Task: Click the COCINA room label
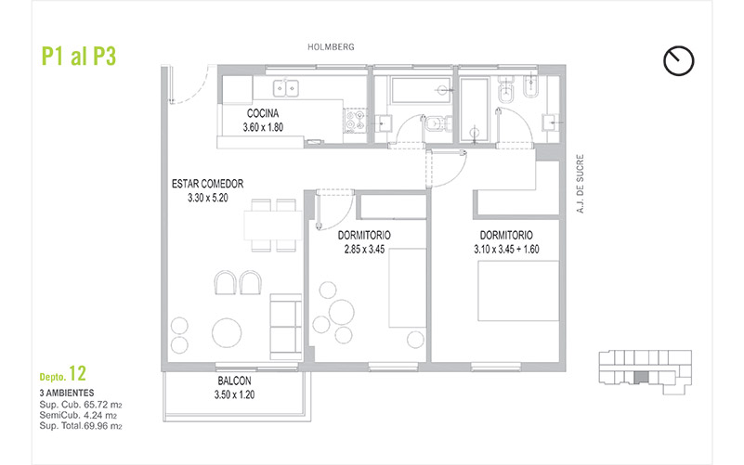[x=263, y=113]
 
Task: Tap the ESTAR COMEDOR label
[x=207, y=184]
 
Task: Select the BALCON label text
[x=234, y=381]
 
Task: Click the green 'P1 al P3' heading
[x=79, y=56]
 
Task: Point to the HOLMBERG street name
[x=331, y=47]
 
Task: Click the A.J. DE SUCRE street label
[x=580, y=184]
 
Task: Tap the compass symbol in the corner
[x=679, y=61]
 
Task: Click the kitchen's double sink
[x=286, y=88]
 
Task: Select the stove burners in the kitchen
[x=356, y=121]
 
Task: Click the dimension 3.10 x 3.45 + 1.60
[x=506, y=250]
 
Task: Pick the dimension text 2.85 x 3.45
[x=364, y=250]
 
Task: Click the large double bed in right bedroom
[x=518, y=291]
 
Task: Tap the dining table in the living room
[x=273, y=226]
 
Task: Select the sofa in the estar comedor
[x=286, y=327]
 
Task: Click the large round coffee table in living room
[x=227, y=332]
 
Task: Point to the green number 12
[x=77, y=374]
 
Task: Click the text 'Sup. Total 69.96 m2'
[x=81, y=426]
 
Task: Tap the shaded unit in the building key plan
[x=641, y=378]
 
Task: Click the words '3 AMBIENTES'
[x=67, y=393]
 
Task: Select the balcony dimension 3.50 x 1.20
[x=234, y=394]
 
